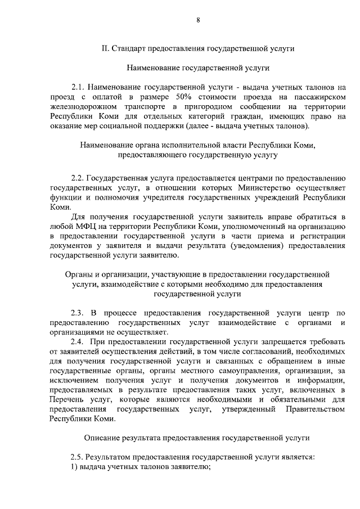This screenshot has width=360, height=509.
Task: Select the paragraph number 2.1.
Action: (77, 88)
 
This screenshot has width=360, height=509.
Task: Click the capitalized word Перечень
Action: (67, 400)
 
